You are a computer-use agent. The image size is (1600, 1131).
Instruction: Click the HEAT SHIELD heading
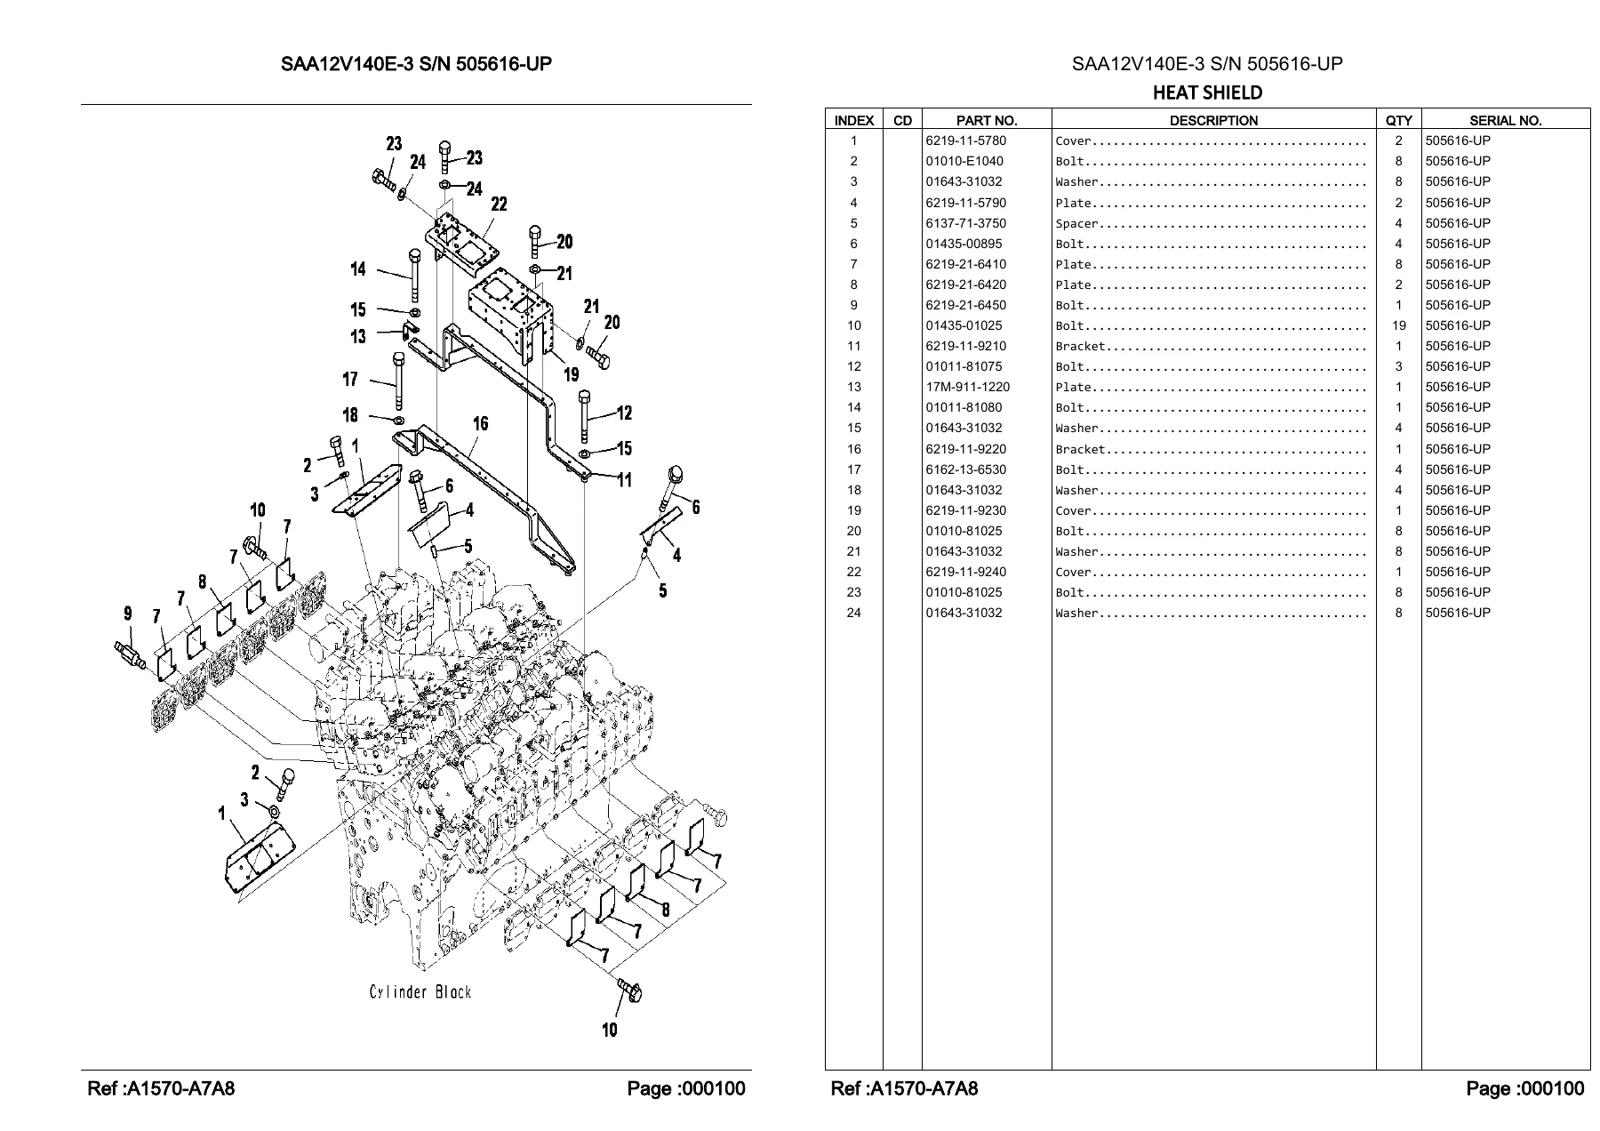(x=1207, y=92)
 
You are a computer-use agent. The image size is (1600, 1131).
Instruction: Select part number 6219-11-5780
(x=966, y=140)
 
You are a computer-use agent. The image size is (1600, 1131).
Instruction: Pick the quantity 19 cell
(x=1398, y=325)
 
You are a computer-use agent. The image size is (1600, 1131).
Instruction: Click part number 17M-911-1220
(x=967, y=387)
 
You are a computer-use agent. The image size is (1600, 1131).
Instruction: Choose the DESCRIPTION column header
(x=1213, y=120)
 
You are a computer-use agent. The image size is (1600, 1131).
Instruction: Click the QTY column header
(x=1398, y=120)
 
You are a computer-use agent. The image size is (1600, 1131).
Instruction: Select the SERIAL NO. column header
(x=1505, y=120)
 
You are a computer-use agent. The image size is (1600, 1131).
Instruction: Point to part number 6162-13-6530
(x=966, y=469)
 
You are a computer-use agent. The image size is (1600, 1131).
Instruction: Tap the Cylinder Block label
(x=420, y=991)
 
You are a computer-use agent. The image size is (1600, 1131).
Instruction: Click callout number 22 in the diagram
(x=499, y=205)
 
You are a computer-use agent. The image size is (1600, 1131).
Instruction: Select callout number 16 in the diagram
(x=480, y=423)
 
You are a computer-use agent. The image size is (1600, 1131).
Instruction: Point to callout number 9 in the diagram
(x=128, y=613)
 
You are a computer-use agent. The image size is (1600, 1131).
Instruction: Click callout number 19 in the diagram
(x=570, y=374)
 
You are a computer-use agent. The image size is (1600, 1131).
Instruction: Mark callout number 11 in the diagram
(x=625, y=480)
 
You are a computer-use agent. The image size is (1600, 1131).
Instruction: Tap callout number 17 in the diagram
(x=350, y=380)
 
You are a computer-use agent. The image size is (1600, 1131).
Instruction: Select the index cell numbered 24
(x=853, y=613)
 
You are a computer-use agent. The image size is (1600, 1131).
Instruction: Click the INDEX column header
(x=854, y=120)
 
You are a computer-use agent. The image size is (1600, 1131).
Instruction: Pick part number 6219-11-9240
(x=966, y=572)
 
